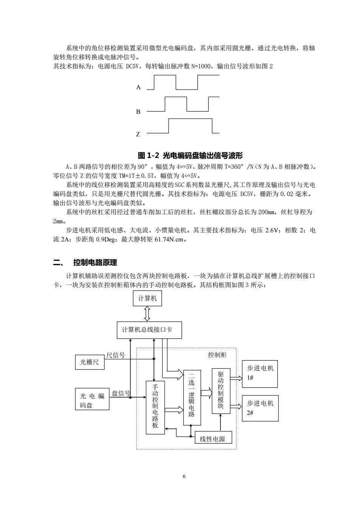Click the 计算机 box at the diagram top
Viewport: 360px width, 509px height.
(x=147, y=298)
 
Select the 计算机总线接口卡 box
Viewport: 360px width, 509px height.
(x=149, y=330)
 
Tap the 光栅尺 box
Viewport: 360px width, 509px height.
(x=90, y=362)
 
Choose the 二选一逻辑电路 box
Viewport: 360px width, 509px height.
(x=192, y=398)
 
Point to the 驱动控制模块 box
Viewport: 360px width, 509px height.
(x=221, y=391)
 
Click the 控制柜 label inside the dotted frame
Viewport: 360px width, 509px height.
(x=217, y=355)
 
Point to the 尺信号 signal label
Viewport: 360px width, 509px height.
(x=116, y=355)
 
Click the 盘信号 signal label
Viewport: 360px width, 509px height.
(x=121, y=393)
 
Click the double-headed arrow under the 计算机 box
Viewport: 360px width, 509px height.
(x=147, y=314)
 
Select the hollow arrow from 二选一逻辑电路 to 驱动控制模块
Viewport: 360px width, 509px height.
(x=206, y=393)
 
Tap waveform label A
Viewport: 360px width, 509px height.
(x=138, y=87)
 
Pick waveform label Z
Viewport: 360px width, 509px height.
(x=138, y=134)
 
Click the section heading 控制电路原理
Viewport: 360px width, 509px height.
(x=95, y=263)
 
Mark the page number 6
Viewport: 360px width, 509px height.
(x=184, y=476)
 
